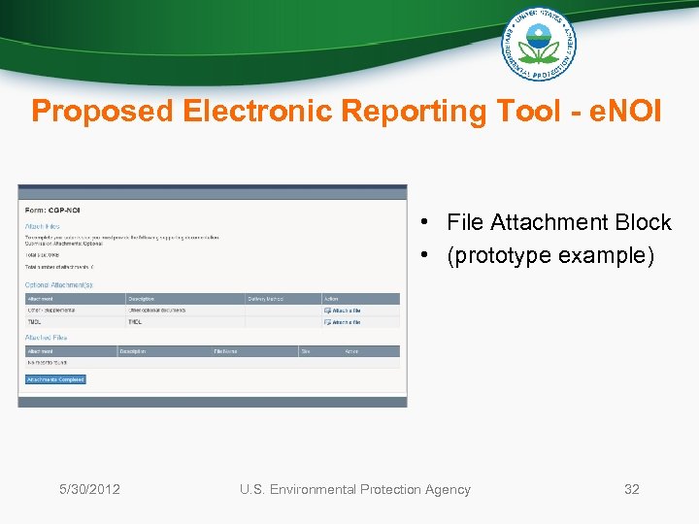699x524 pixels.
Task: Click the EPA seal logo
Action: pyautogui.click(x=538, y=45)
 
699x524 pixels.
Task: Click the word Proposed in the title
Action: pyautogui.click(x=102, y=112)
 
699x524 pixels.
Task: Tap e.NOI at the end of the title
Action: pyautogui.click(x=626, y=112)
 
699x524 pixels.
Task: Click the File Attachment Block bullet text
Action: pyautogui.click(x=558, y=222)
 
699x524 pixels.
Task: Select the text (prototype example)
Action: pyautogui.click(x=550, y=255)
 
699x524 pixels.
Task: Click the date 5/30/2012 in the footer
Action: pyautogui.click(x=89, y=489)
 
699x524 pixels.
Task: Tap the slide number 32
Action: pyautogui.click(x=631, y=489)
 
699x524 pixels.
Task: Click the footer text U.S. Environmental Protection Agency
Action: pyautogui.click(x=354, y=489)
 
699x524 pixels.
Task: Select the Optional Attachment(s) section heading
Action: pyautogui.click(x=59, y=284)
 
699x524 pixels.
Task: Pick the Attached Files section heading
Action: pyautogui.click(x=47, y=338)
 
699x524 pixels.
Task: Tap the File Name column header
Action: pyautogui.click(x=225, y=350)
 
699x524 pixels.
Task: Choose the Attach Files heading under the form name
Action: pyautogui.click(x=42, y=226)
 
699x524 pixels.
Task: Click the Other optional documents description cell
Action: pyautogui.click(x=157, y=311)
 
